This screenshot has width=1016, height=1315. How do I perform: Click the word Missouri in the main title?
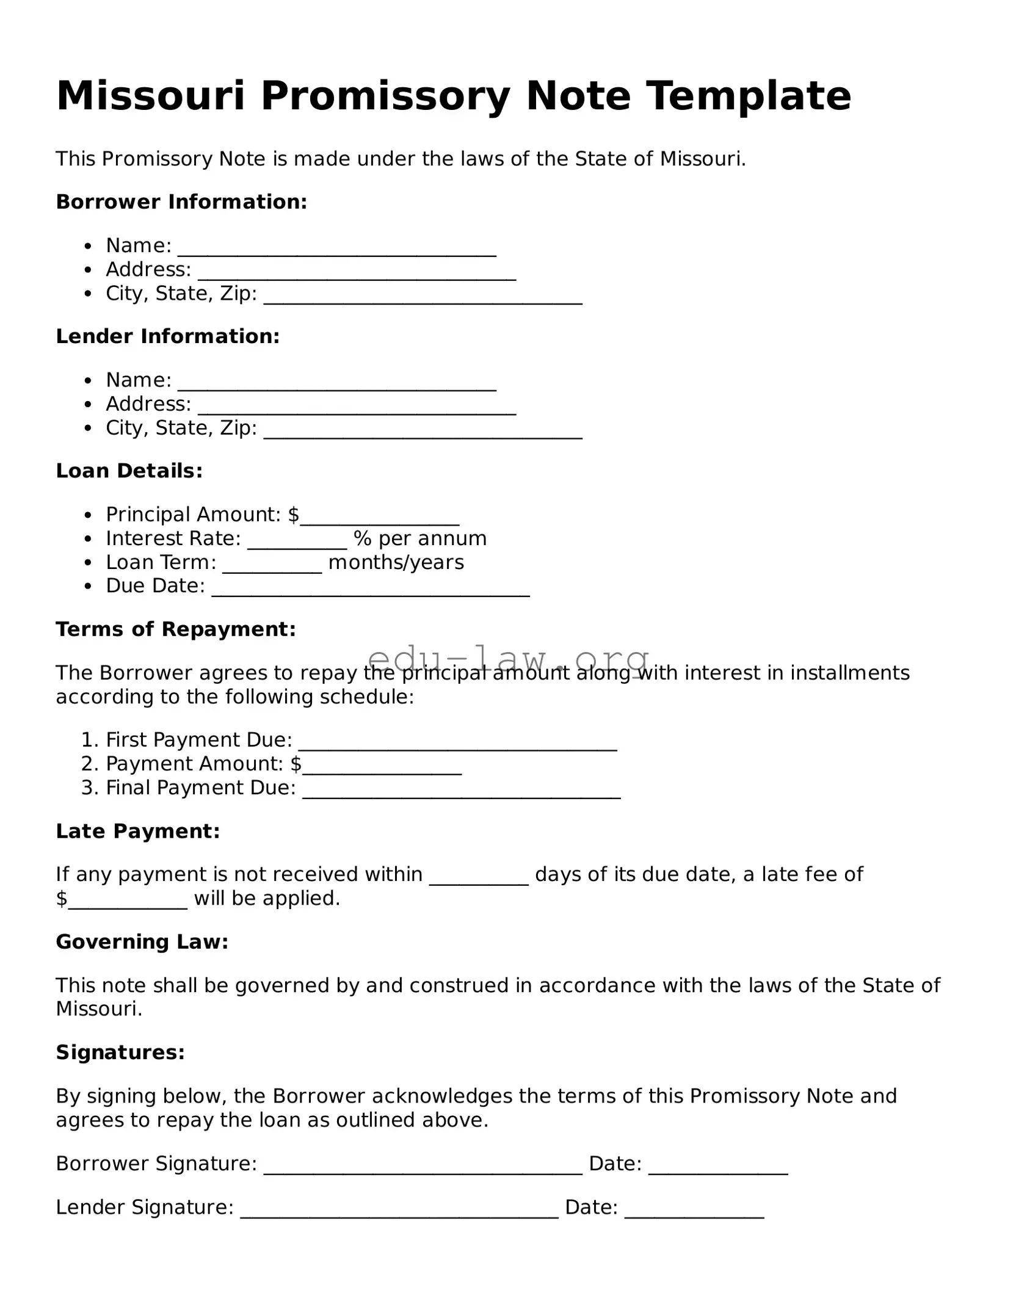[x=150, y=96]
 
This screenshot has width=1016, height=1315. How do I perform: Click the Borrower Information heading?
[x=181, y=202]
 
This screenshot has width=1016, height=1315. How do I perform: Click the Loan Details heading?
[x=129, y=471]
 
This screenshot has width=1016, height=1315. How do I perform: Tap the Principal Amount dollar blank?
[x=379, y=518]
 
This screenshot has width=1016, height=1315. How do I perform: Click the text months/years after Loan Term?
[x=396, y=562]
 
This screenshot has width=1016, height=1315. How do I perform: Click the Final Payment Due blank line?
[x=461, y=791]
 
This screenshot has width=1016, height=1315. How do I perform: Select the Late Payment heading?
[x=137, y=831]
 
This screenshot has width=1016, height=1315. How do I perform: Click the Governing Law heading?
[x=142, y=942]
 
